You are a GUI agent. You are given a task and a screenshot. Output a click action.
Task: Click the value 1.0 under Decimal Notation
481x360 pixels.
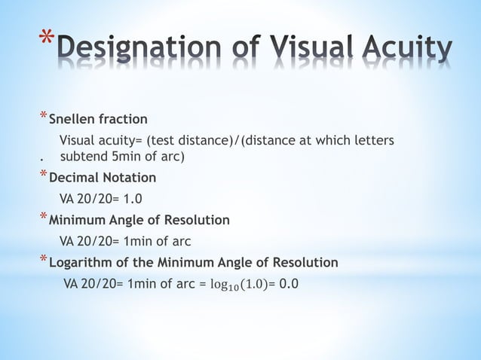[x=133, y=200]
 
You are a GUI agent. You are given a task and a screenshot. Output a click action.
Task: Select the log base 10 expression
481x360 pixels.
[x=240, y=285]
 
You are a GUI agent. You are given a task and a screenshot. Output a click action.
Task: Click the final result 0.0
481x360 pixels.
[x=289, y=285]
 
